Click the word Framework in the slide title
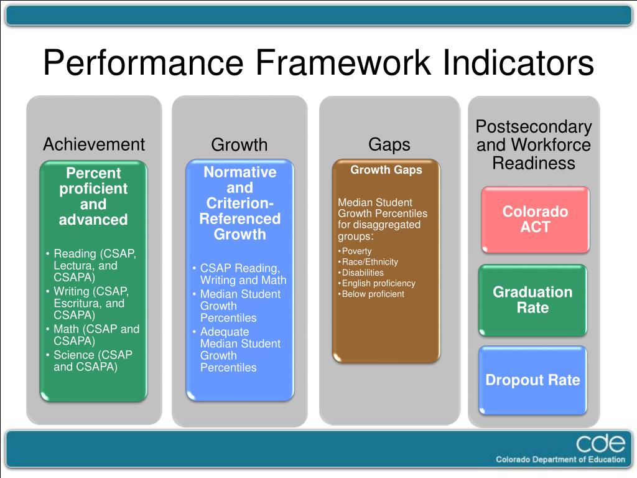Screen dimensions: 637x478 click(343, 63)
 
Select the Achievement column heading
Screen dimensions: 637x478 click(94, 144)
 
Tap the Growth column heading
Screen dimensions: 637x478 click(239, 144)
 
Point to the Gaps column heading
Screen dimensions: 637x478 click(389, 145)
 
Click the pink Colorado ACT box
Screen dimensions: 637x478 click(536, 220)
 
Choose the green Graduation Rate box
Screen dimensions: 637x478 click(532, 300)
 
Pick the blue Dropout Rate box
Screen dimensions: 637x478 click(532, 380)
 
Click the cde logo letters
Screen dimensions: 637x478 click(600, 443)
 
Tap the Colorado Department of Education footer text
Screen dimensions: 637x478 click(560, 460)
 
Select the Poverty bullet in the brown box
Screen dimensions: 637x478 click(356, 251)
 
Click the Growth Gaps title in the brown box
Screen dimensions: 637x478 click(386, 170)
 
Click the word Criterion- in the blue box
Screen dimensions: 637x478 click(239, 204)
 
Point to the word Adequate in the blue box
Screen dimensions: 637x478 click(224, 332)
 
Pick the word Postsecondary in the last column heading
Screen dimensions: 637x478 click(534, 127)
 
